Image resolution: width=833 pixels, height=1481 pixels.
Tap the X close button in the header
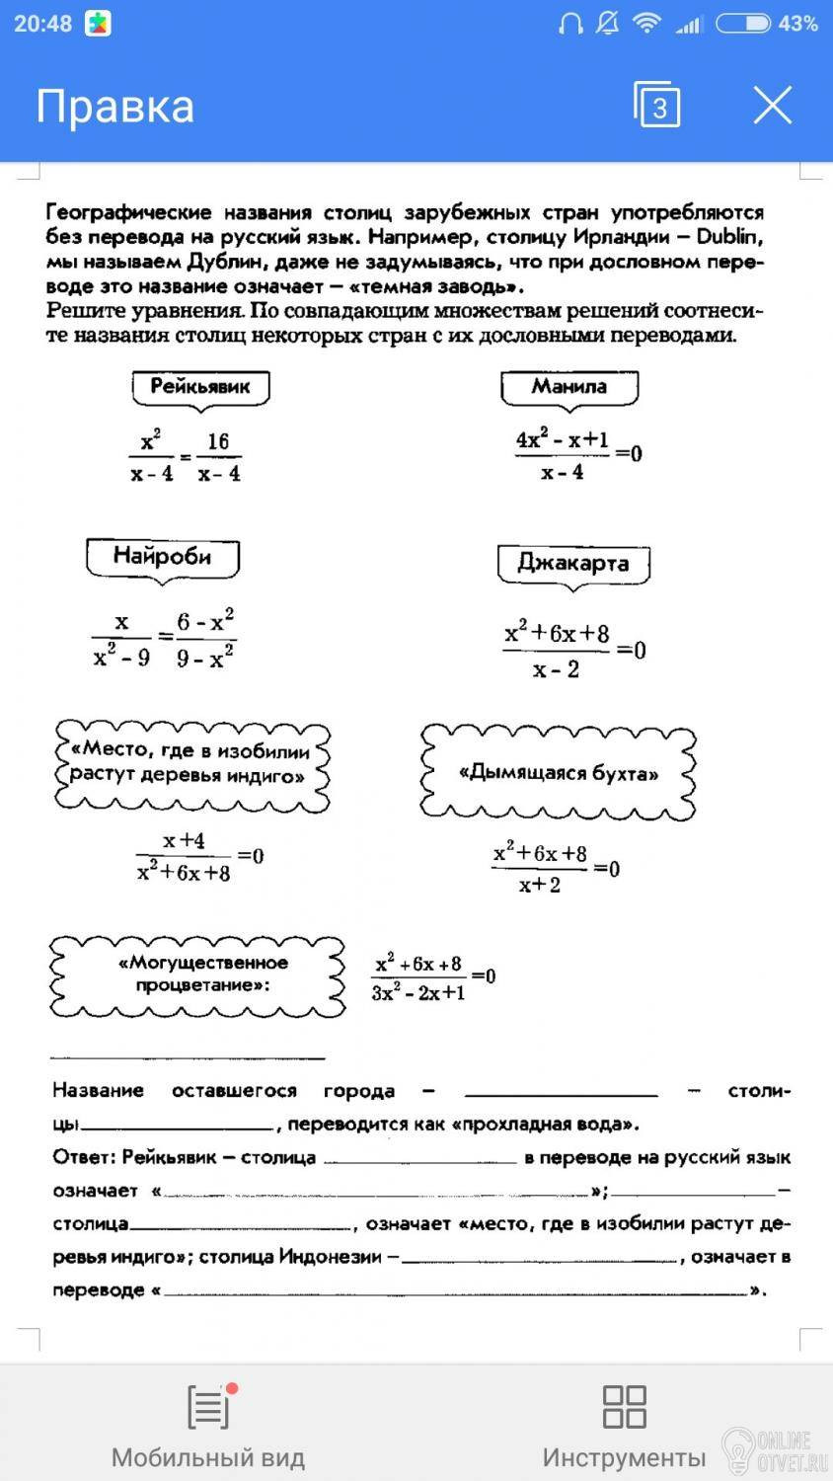pos(772,105)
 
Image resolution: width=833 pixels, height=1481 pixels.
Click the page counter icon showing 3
pos(657,105)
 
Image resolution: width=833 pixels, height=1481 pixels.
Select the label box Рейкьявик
pos(200,387)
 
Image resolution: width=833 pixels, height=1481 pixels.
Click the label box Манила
pos(569,387)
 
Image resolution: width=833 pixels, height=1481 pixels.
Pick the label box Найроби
pos(162,557)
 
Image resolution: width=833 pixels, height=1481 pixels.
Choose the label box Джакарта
pos(573,564)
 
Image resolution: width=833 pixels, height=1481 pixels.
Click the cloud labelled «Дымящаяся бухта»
pos(559,773)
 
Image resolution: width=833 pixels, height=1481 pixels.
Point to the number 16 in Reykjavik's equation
pos(218,441)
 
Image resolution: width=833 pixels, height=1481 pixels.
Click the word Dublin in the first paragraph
pos(729,237)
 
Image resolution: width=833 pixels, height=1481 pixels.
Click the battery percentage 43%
pos(797,24)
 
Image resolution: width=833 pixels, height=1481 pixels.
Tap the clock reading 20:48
pos(42,24)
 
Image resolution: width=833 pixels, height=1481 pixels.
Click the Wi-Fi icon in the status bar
pos(646,24)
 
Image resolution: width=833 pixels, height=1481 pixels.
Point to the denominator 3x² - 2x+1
pos(418,993)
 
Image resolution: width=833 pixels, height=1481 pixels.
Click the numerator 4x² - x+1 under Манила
pos(563,440)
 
